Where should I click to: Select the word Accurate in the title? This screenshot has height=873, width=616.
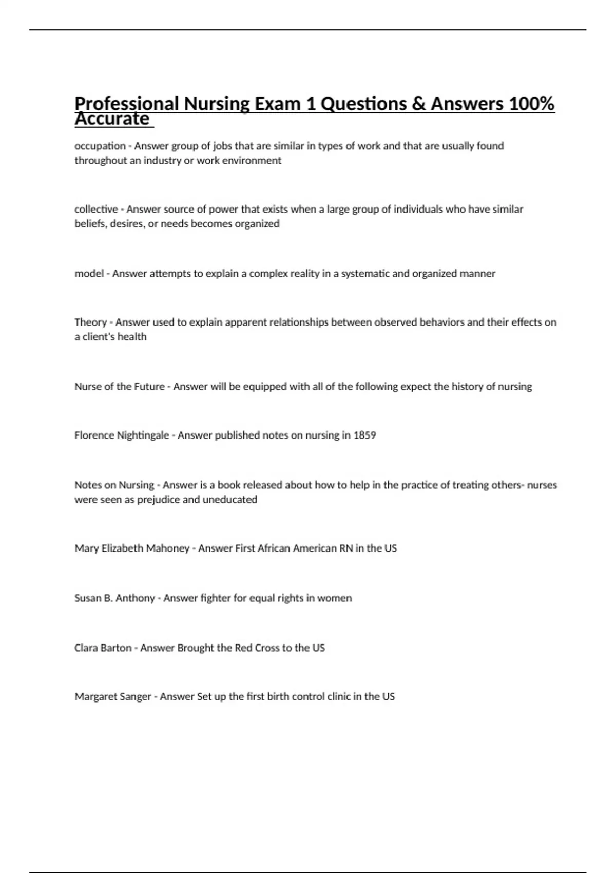[112, 119]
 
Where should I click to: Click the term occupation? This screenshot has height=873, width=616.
[100, 146]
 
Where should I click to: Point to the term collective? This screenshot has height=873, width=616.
[96, 209]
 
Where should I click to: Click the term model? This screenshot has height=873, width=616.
[89, 273]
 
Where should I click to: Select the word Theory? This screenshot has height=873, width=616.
[90, 322]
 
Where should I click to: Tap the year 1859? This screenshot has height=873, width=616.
[364, 435]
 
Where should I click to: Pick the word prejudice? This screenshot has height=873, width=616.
[158, 499]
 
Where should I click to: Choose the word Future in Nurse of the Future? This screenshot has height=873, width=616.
[149, 386]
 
